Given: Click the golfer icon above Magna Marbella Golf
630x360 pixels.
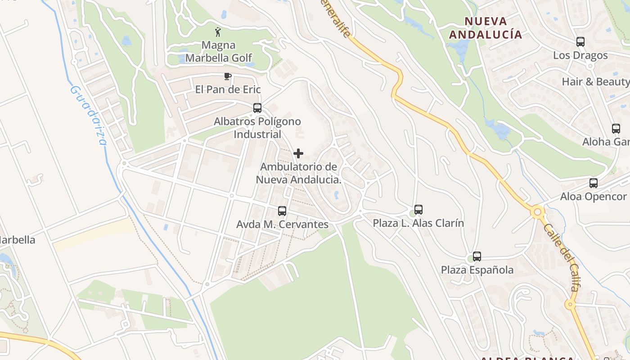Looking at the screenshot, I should tap(218, 32).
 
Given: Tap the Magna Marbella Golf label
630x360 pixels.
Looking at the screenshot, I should tap(218, 51).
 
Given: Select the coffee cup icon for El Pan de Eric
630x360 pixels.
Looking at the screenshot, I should tap(228, 76).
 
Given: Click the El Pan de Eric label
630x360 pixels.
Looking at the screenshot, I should tap(228, 90).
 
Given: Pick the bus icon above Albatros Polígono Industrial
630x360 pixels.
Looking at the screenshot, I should tap(257, 108).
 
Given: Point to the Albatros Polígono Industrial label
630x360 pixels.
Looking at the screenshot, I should tap(257, 128).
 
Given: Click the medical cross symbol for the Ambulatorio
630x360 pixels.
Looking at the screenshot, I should tap(298, 154).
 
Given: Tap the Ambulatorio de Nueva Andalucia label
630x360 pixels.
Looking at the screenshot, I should tap(298, 173).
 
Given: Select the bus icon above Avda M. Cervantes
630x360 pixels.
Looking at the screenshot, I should tap(282, 211).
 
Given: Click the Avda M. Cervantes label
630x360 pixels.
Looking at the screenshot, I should tap(282, 224).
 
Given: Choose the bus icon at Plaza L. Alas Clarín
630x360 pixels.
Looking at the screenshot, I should tap(418, 210).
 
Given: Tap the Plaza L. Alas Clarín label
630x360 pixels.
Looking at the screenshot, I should tap(418, 223).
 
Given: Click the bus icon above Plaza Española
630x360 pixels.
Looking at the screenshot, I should tap(477, 256).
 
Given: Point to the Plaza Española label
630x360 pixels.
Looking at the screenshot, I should tap(477, 270).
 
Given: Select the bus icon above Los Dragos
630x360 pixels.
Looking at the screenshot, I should tap(580, 42).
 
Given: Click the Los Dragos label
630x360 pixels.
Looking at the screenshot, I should tap(580, 55).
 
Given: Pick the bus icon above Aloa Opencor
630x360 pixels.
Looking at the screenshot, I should tap(594, 183).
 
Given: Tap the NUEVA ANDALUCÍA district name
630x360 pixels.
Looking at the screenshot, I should tap(486, 28).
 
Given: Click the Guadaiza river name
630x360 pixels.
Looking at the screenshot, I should tap(89, 115).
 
